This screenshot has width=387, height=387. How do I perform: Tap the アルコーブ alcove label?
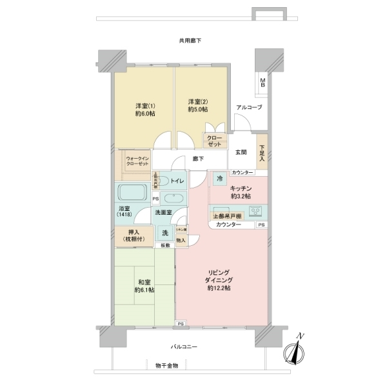[248, 107]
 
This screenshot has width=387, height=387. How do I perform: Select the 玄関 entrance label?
[241, 152]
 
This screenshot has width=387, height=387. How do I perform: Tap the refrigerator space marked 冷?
[220, 179]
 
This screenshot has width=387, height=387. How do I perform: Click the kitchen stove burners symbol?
[255, 211]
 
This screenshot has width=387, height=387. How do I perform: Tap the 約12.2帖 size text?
[220, 288]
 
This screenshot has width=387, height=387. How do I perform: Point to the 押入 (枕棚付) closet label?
[135, 236]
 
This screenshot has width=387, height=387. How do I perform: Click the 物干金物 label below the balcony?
[166, 365]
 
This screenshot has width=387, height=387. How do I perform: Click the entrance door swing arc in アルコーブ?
[243, 121]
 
